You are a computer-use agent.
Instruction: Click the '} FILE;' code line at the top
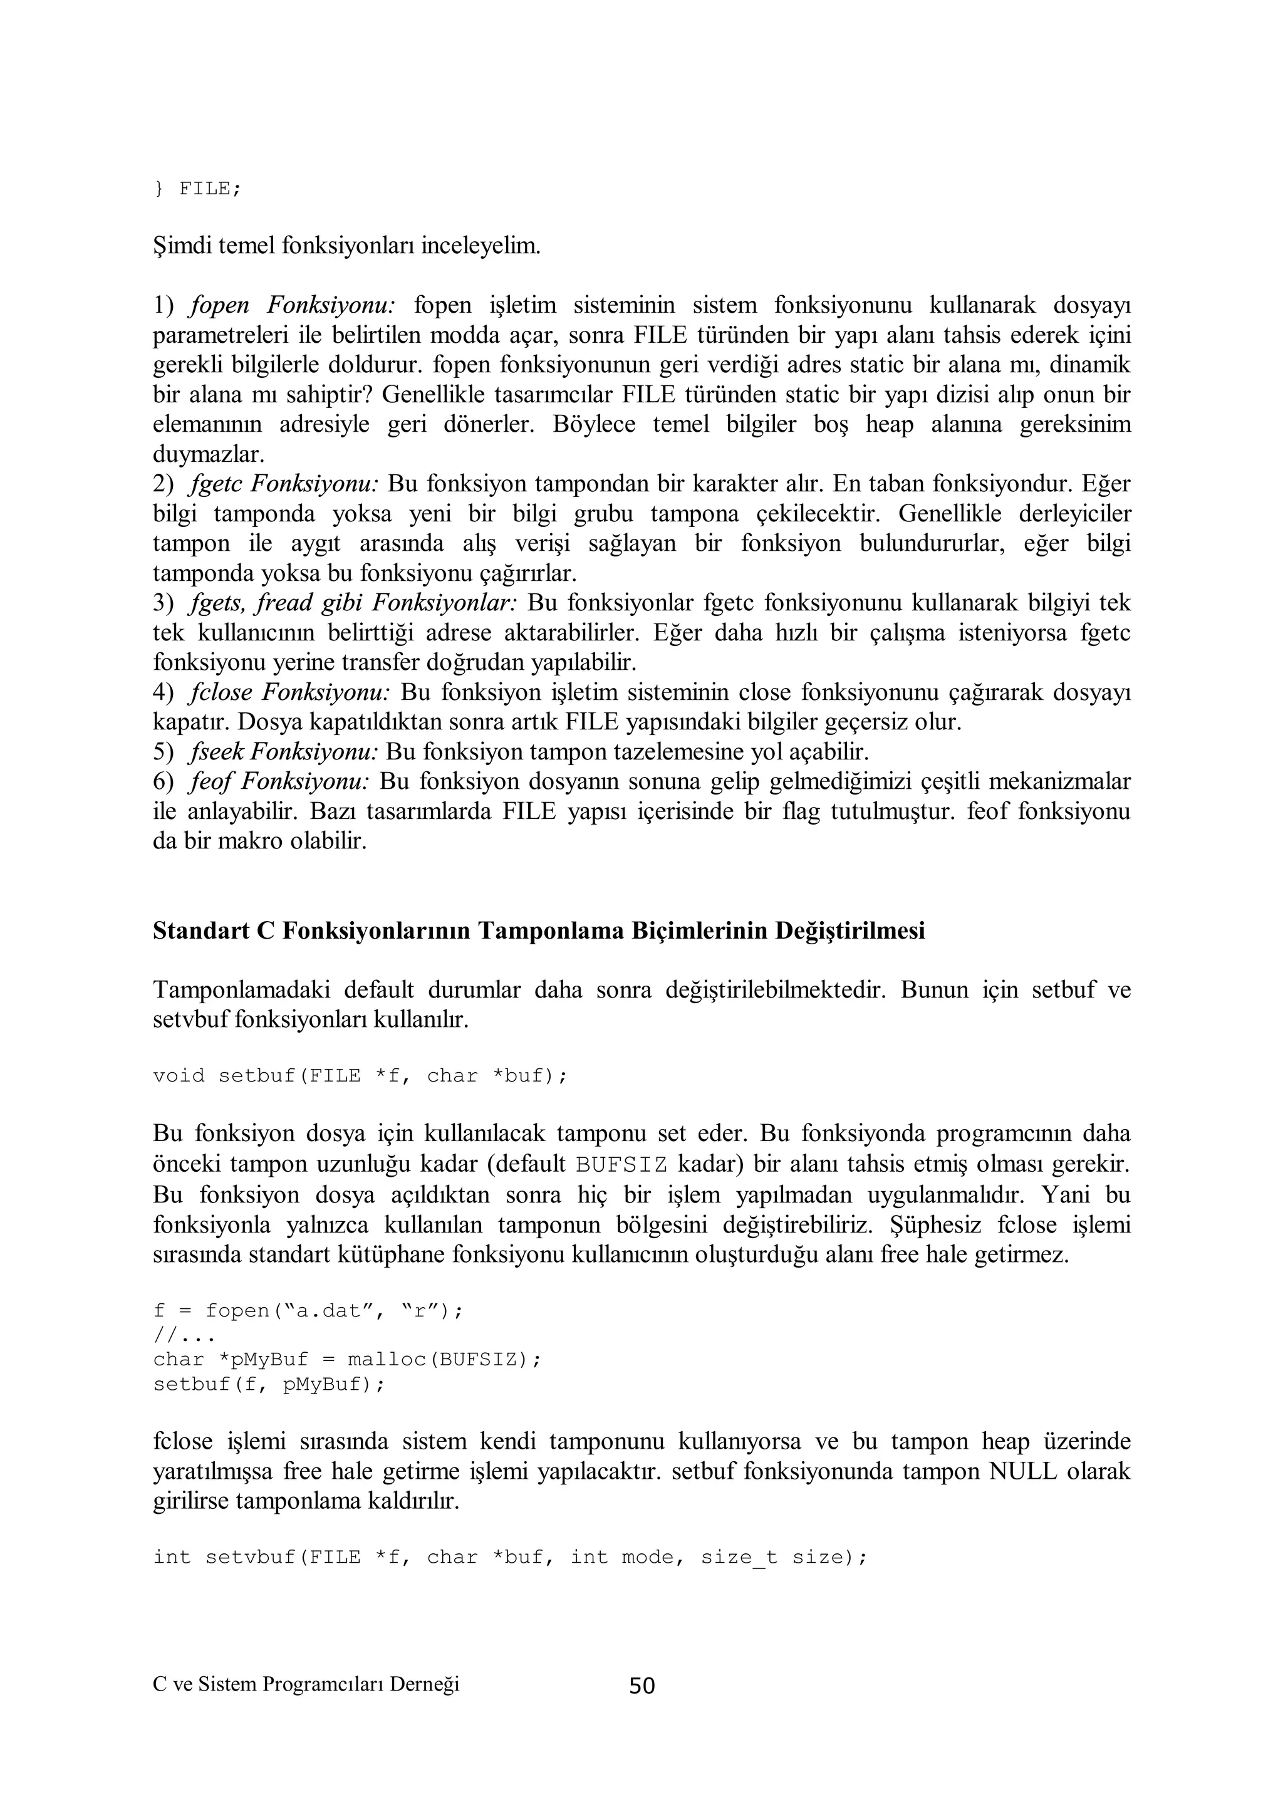(x=197, y=189)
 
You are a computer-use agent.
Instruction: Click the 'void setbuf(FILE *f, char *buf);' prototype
(x=360, y=1076)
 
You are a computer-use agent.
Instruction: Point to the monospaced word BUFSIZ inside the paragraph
(x=621, y=1165)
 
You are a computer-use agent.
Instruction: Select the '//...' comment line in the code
(x=184, y=1335)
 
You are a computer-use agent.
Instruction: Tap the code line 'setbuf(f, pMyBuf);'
(x=269, y=1384)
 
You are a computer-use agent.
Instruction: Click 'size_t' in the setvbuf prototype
(x=739, y=1557)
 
